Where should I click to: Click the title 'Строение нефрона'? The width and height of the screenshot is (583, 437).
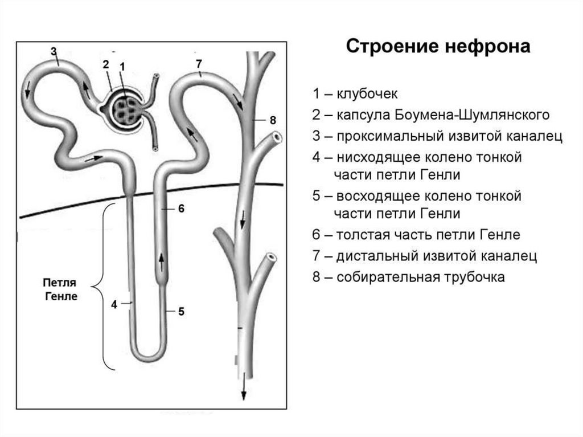click(438, 47)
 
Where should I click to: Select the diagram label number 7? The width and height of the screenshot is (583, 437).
click(198, 63)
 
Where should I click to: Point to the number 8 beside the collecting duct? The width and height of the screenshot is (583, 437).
click(273, 120)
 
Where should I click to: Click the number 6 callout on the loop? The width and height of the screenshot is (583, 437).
click(181, 209)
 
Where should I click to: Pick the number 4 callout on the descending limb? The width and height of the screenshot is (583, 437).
click(114, 304)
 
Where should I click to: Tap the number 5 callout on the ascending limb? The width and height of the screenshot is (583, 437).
click(181, 311)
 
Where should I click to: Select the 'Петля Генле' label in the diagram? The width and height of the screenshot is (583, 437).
click(59, 289)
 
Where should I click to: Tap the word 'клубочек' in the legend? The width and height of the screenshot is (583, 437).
click(367, 93)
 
